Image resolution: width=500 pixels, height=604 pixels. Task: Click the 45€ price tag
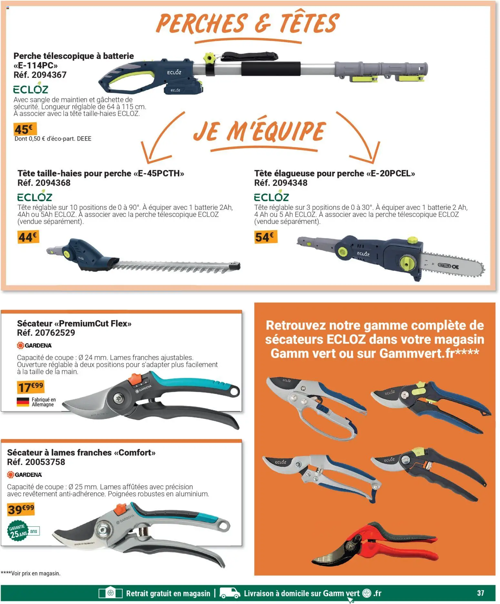(25, 129)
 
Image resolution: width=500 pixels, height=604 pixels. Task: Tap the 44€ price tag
(28, 237)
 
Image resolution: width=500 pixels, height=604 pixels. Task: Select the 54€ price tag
(265, 237)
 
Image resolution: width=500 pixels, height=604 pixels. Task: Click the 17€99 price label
(30, 387)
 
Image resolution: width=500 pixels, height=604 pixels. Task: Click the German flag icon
(23, 402)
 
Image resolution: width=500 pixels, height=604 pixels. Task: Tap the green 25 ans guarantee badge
(18, 532)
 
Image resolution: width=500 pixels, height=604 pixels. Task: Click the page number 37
(480, 593)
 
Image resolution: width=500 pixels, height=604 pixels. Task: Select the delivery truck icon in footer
(230, 593)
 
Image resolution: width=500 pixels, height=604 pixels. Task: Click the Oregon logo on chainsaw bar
(444, 266)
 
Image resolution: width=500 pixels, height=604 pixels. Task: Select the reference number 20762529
(55, 333)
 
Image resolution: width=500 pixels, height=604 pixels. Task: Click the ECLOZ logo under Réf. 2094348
(271, 196)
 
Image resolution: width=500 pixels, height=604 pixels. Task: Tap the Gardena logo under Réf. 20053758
(25, 474)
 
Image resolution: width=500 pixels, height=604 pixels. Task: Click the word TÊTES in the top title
(308, 24)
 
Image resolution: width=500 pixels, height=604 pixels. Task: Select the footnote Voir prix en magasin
(31, 573)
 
